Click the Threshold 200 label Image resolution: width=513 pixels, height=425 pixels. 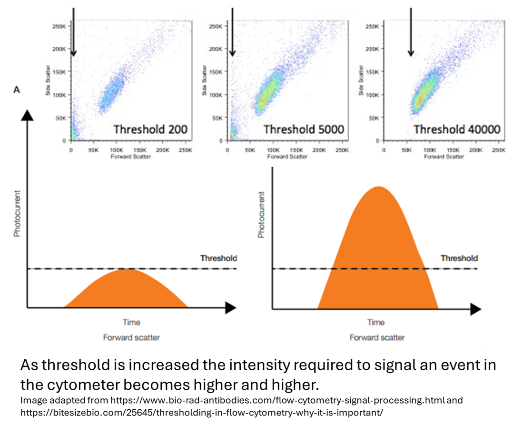click(x=151, y=129)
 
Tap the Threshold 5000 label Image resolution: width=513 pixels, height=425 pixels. click(x=304, y=129)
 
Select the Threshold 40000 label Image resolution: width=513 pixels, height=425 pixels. click(x=457, y=129)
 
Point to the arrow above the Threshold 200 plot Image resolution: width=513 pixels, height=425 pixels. click(x=74, y=31)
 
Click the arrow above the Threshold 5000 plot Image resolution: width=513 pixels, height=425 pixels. click(x=233, y=31)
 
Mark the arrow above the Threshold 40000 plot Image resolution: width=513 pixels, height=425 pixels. click(x=411, y=31)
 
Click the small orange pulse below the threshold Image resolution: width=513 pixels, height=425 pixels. click(x=126, y=290)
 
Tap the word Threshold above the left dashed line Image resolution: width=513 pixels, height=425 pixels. click(x=218, y=258)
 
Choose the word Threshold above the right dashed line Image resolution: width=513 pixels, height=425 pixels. click(x=459, y=258)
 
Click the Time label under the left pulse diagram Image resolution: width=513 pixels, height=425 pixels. click(x=131, y=322)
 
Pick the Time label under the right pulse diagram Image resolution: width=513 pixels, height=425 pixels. click(x=375, y=322)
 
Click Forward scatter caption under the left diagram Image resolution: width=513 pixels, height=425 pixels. click(x=131, y=337)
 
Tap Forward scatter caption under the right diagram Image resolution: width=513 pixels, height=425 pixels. click(x=377, y=337)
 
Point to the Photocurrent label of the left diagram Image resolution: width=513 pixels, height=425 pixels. click(x=18, y=214)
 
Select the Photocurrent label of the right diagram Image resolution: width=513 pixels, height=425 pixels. click(x=261, y=214)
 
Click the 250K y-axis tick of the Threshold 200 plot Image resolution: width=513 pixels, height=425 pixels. click(x=59, y=26)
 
